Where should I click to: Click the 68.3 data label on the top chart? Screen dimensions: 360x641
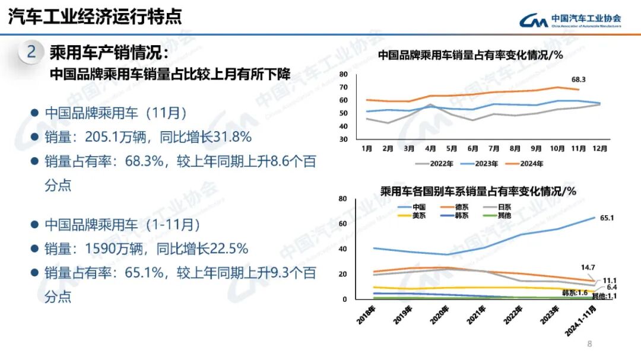pos(579,79)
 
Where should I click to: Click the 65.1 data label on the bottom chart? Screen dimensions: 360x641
pos(607,218)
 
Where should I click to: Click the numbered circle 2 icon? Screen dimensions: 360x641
pos(31,52)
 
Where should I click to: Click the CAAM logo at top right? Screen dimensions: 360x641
pos(569,21)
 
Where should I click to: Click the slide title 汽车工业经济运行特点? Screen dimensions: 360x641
pos(95,17)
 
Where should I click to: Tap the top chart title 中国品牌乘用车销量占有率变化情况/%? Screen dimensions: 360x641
pos(470,55)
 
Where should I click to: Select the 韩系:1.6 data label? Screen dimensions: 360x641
pos(575,293)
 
